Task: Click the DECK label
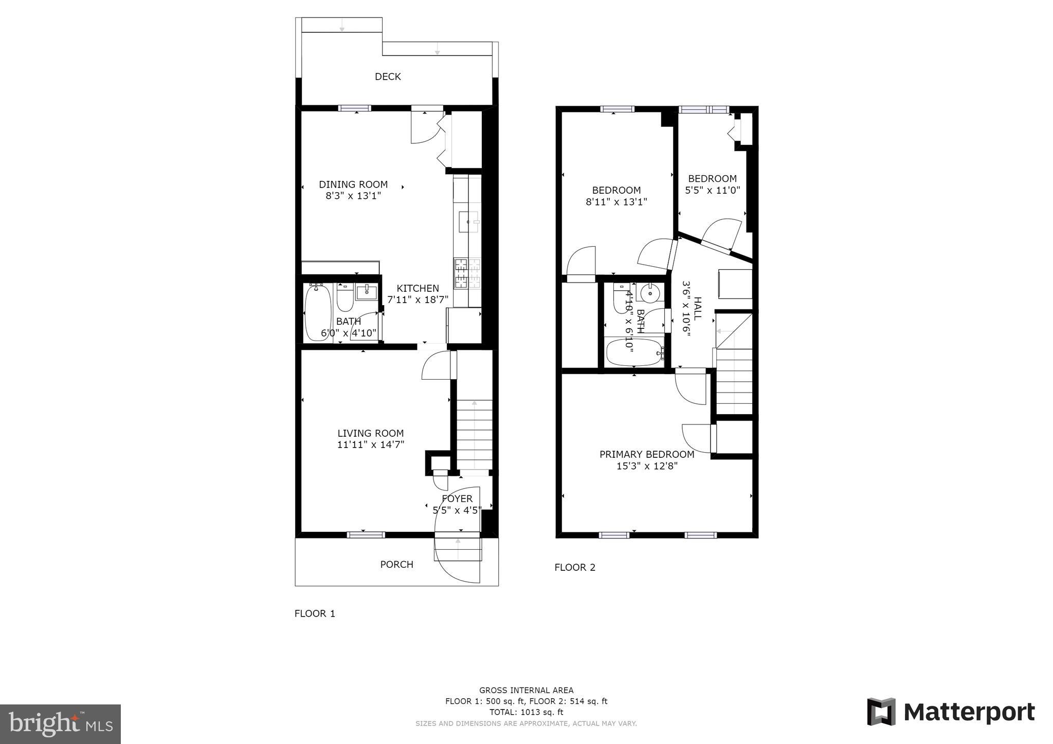[x=388, y=77]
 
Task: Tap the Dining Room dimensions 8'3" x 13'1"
[x=353, y=196]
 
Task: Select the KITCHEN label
[x=417, y=288]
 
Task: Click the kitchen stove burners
[x=467, y=273]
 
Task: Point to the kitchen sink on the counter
[x=468, y=221]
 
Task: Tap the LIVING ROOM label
[x=370, y=433]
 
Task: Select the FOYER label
[x=457, y=499]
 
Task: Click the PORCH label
[x=396, y=564]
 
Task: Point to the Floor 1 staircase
[x=475, y=434]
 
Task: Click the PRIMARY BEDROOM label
[x=647, y=454]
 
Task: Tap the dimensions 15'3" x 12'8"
[x=647, y=466]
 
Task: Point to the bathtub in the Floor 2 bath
[x=634, y=352]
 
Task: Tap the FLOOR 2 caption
[x=575, y=567]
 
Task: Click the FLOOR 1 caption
[x=315, y=613]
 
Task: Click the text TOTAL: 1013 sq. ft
[x=526, y=712]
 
